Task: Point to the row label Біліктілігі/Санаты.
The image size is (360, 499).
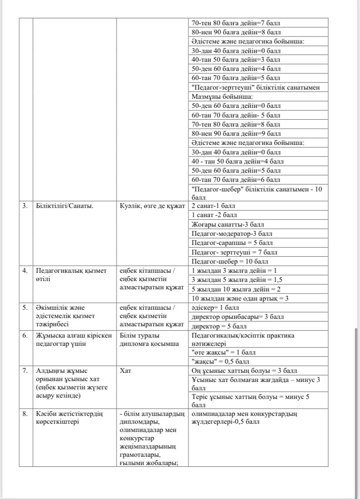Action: tap(64, 206)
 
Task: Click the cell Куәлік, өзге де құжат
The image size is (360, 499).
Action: tap(153, 206)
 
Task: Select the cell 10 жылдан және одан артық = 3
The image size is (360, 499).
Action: tap(240, 298)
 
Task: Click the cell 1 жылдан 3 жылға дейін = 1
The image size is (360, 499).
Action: tap(234, 270)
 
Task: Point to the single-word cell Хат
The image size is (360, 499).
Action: tap(126, 371)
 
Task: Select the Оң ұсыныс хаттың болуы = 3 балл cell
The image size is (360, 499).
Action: tap(244, 371)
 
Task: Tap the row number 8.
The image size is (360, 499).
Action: tap(25, 414)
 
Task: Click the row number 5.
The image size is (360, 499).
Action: tap(25, 308)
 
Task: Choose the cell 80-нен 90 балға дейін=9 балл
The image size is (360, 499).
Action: tap(236, 134)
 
